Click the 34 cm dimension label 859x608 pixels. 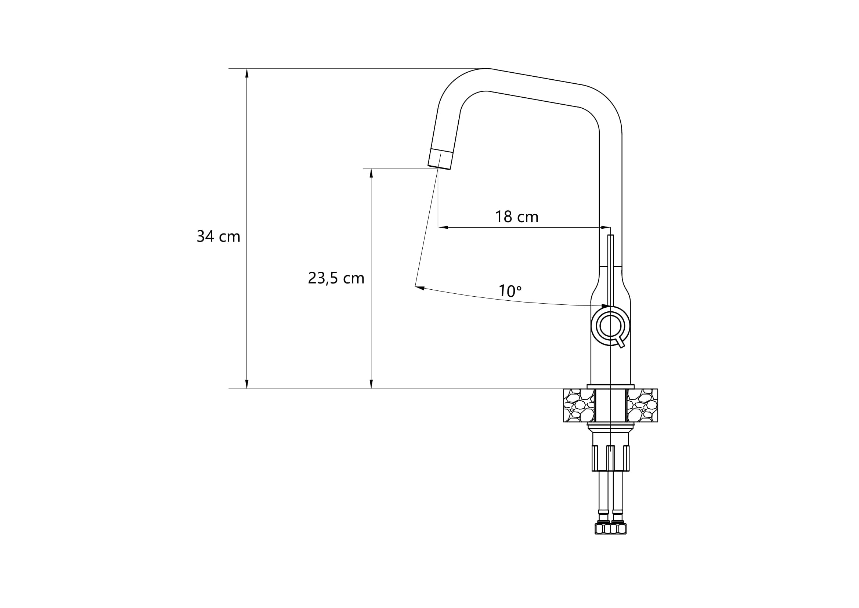pos(218,236)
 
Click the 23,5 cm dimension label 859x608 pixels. pos(336,278)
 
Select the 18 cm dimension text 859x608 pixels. pos(516,217)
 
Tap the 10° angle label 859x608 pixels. pos(510,291)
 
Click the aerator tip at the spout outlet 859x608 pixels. pos(440,159)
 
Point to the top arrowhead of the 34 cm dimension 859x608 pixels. pos(247,73)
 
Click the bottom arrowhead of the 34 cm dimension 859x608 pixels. pos(247,384)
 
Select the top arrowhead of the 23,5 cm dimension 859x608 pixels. pos(371,173)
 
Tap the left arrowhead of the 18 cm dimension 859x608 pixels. pos(443,227)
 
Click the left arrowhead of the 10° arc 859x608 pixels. pos(420,287)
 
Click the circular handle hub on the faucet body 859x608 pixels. pos(610,325)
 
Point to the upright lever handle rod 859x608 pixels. pos(610,269)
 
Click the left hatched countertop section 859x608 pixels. pos(578,405)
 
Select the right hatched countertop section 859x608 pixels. pos(643,405)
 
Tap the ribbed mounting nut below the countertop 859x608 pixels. pos(610,458)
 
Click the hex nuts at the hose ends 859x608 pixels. pos(610,528)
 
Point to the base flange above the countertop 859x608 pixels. pos(610,386)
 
